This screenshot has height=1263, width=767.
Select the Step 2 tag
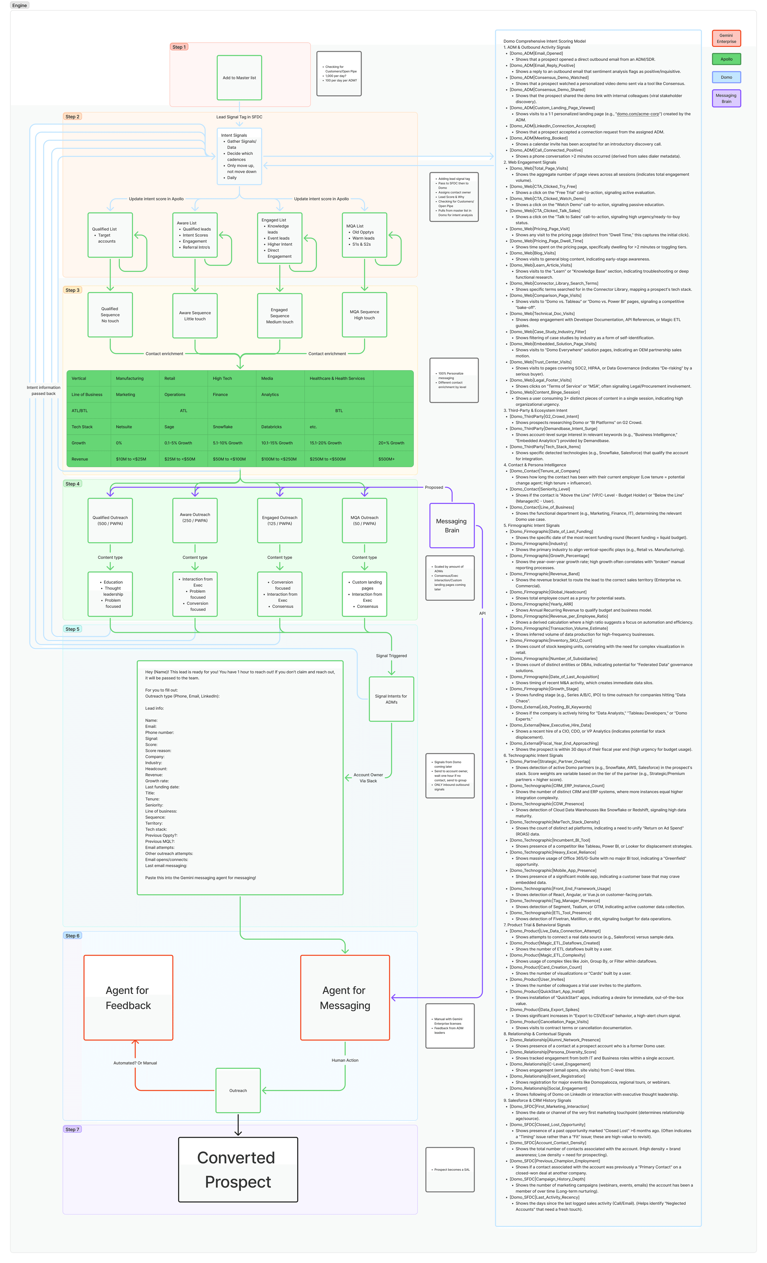pyautogui.click(x=72, y=117)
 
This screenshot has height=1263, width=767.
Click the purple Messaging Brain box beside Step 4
pyautogui.click(x=452, y=525)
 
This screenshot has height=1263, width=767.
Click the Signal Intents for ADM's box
pyautogui.click(x=391, y=699)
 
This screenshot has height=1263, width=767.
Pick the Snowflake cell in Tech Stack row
pyautogui.click(x=223, y=427)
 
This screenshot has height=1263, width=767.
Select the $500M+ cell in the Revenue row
pyautogui.click(x=386, y=459)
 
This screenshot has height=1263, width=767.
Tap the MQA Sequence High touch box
pyautogui.click(x=365, y=315)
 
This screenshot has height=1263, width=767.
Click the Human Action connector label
pyautogui.click(x=345, y=1060)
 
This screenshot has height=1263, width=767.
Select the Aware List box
pyautogui.click(x=195, y=235)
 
